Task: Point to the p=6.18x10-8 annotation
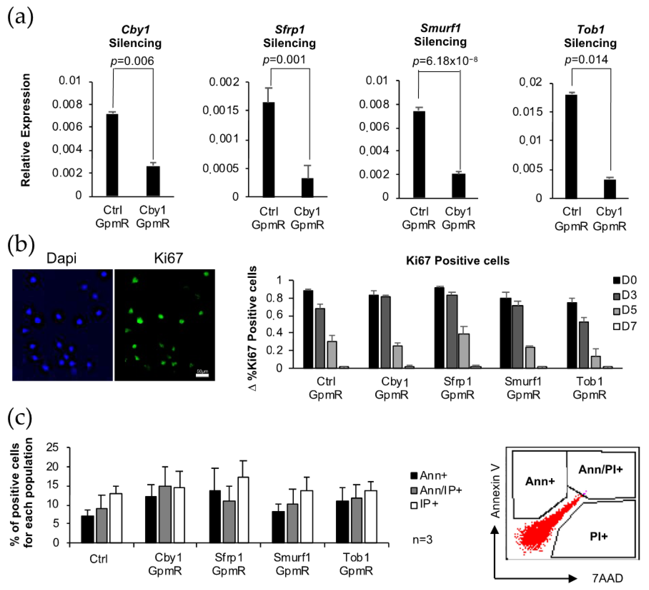(x=445, y=61)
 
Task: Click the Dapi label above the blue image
(x=61, y=258)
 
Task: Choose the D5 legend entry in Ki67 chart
(x=625, y=310)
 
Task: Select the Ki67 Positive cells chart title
(x=457, y=261)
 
